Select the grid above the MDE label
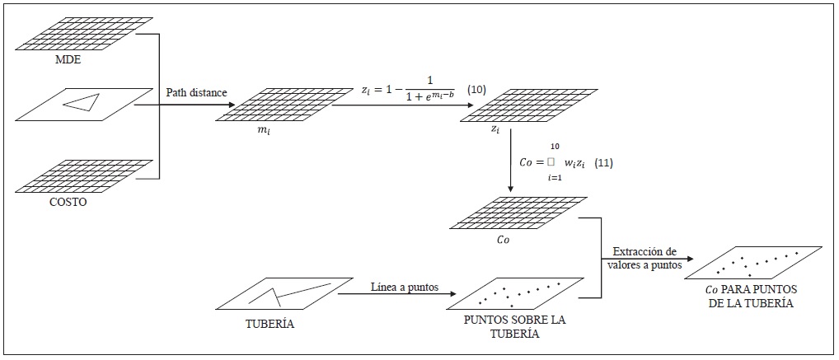click(84, 33)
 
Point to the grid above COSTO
click(84, 175)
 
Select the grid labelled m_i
click(284, 105)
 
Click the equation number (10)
click(476, 88)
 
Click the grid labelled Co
click(519, 213)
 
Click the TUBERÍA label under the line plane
click(270, 324)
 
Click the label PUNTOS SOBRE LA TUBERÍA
click(504, 326)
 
